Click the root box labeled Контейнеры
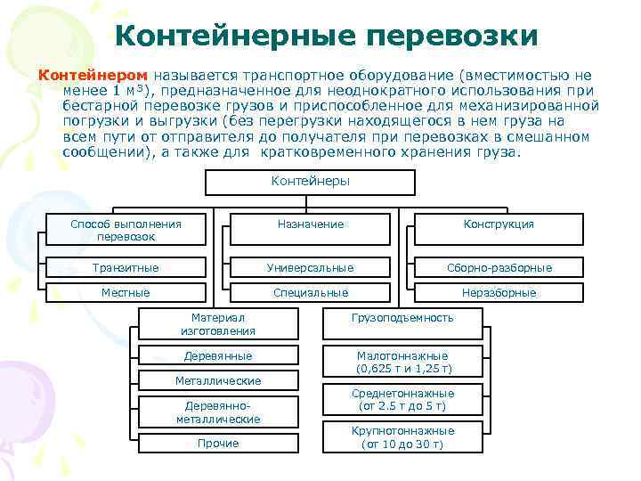[310, 182]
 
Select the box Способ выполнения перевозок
[126, 230]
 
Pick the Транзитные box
[126, 267]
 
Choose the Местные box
[126, 292]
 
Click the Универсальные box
[310, 267]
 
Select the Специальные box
[310, 292]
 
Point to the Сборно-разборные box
[498, 267]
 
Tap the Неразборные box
[498, 292]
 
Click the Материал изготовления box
[217, 323]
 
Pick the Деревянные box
[217, 356]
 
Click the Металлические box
[217, 381]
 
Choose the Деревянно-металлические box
[217, 412]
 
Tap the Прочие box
[217, 443]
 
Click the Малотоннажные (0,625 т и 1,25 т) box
[402, 361]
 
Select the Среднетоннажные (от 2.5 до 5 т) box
[402, 400]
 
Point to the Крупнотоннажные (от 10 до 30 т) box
[402, 436]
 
